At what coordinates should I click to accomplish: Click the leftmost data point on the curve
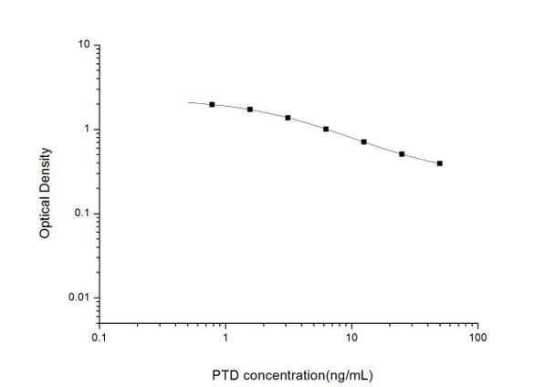212,105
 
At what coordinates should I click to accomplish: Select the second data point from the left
250,110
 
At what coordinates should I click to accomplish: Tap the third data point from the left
288,118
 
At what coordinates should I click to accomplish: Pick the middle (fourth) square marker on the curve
326,130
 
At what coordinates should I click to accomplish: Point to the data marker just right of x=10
364,142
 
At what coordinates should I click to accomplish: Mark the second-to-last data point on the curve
402,154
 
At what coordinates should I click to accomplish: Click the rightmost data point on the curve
440,163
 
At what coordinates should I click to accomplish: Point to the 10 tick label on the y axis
84,45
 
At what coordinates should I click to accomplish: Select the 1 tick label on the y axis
87,130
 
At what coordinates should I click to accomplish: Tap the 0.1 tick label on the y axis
82,214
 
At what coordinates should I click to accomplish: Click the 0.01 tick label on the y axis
79,298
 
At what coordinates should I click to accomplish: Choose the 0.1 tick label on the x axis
99,338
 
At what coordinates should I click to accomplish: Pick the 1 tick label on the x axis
225,338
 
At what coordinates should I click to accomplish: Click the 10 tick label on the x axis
351,338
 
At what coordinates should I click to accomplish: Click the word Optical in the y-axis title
44,216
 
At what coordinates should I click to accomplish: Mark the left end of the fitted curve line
188,102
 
